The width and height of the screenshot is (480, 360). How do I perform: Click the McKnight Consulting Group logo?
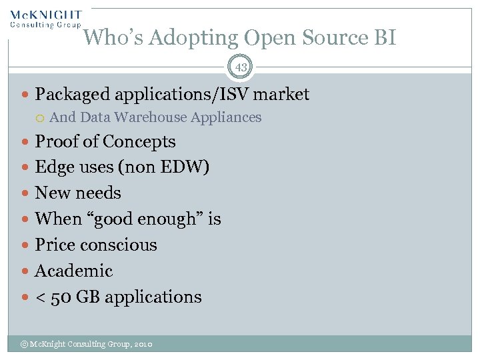coord(45,18)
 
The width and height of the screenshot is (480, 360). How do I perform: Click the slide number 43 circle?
coord(240,67)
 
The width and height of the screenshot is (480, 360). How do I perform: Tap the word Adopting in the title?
coord(193,38)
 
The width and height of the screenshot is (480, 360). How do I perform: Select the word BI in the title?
coord(384,38)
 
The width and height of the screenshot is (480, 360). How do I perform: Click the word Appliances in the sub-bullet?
coord(226,117)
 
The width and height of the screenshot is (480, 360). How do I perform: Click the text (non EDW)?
coord(163,167)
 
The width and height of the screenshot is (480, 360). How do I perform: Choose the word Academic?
coord(74,271)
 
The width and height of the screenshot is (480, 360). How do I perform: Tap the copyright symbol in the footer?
coord(23,344)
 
